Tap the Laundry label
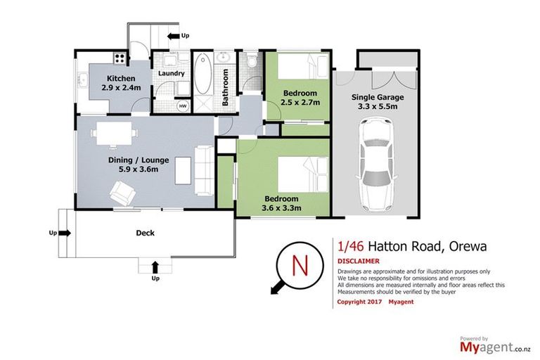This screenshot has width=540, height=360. [x=172, y=74]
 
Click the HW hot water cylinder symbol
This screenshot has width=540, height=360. [x=183, y=106]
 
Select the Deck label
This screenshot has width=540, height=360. [x=145, y=233]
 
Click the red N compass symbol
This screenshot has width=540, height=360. [x=298, y=267]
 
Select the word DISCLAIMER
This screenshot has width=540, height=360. [x=359, y=260]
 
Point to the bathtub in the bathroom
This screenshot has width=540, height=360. [x=202, y=83]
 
